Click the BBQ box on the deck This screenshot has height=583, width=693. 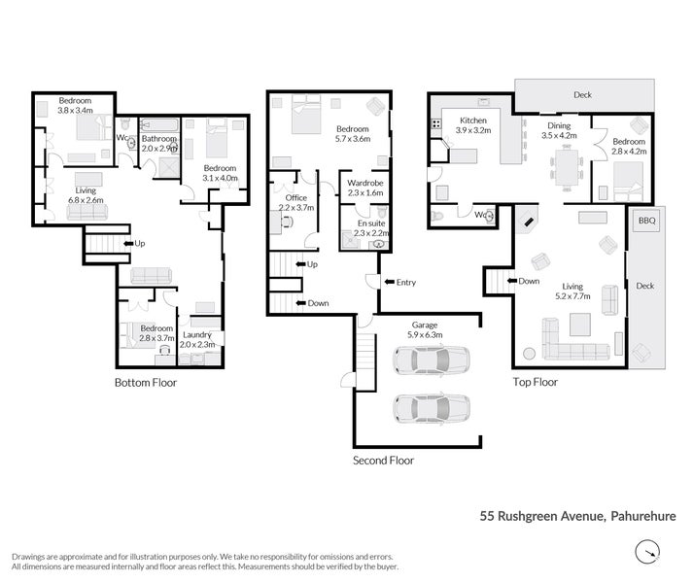coord(647,222)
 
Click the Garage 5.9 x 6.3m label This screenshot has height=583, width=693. coord(427,329)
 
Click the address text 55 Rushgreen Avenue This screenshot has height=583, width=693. coord(540,517)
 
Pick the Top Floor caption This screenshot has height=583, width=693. coord(535,382)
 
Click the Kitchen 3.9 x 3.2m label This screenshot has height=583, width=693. coord(473,125)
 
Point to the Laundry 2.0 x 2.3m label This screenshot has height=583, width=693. coord(203,340)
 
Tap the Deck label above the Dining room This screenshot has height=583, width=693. coord(582,95)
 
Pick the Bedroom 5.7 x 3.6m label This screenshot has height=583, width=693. coord(352,134)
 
